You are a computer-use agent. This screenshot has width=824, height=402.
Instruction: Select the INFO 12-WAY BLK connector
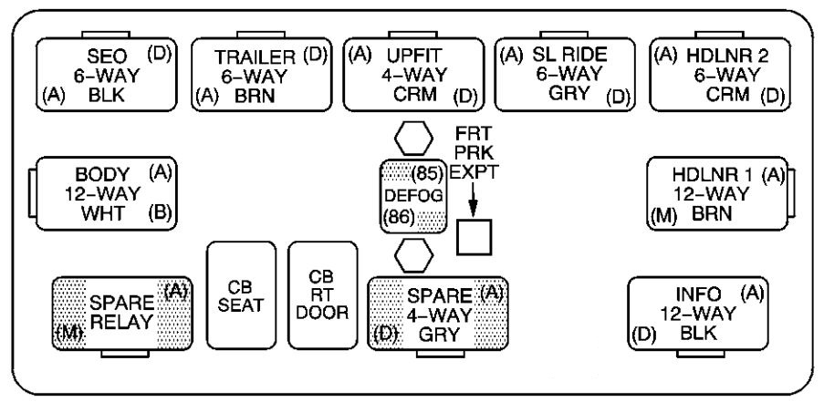click(699, 314)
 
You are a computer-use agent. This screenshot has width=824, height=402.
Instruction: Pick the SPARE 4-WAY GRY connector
click(439, 314)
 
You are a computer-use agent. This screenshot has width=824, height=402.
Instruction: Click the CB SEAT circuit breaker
click(241, 296)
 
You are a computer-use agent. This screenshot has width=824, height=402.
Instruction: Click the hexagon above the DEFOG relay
click(414, 139)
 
